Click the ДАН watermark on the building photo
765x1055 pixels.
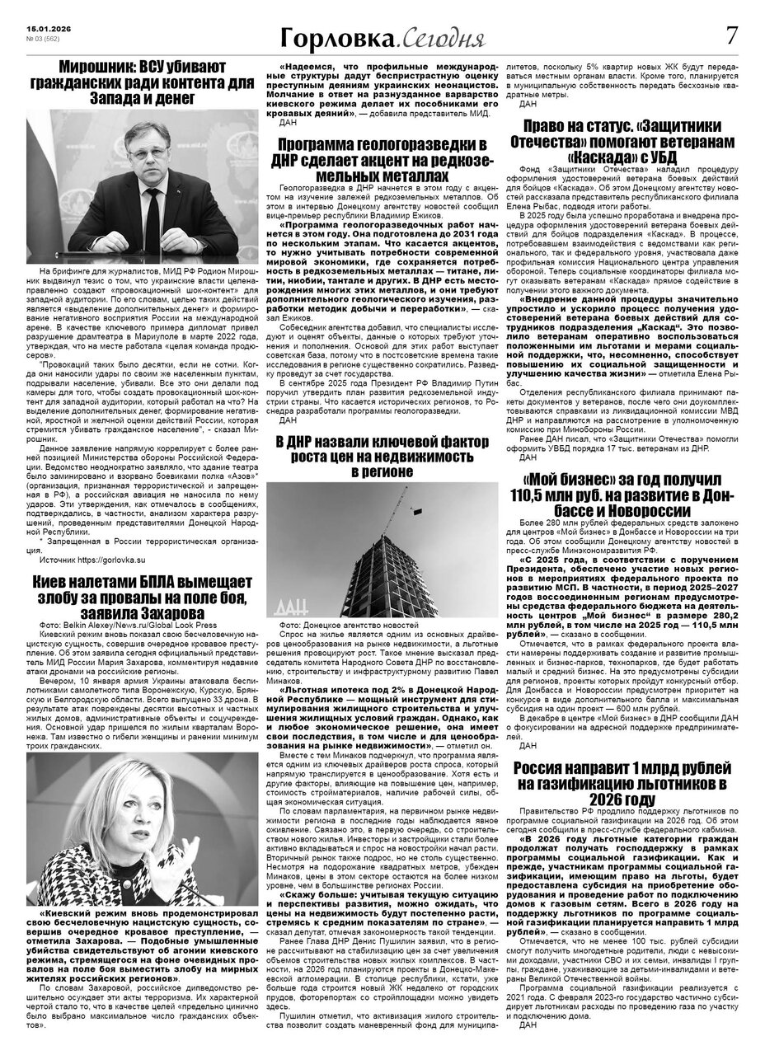click(x=301, y=607)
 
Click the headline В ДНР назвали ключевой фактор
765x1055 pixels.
click(x=382, y=455)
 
